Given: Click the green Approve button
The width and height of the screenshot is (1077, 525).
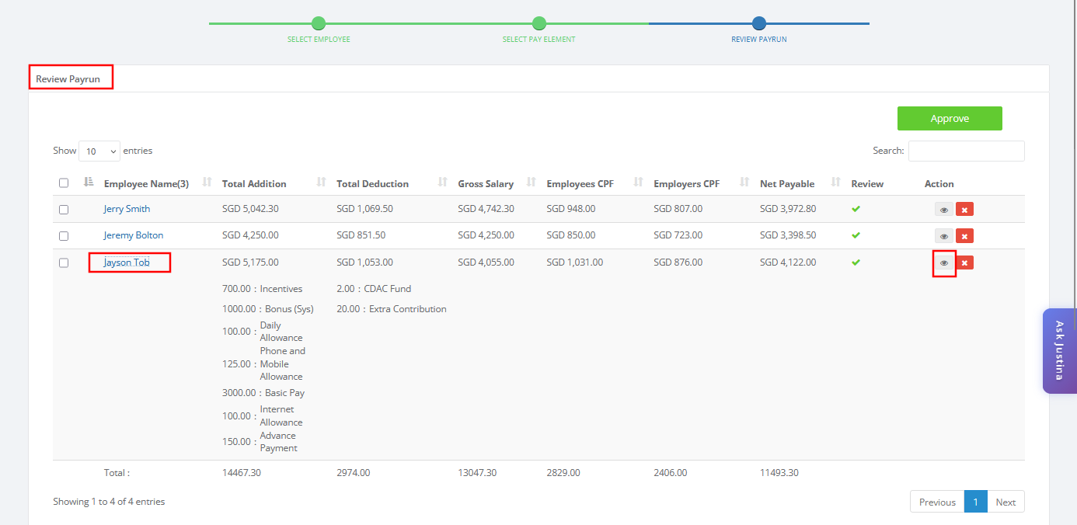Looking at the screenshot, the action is (x=950, y=118).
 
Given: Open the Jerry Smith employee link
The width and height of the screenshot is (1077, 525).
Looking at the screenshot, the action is (x=127, y=209).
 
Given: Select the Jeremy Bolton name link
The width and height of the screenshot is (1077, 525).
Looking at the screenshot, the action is (x=133, y=235).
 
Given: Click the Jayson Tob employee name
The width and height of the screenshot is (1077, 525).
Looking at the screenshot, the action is (x=127, y=262).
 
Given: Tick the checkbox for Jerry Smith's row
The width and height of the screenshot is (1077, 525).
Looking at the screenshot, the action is (x=64, y=210).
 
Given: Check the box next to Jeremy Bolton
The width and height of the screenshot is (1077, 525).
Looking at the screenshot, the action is (x=64, y=236).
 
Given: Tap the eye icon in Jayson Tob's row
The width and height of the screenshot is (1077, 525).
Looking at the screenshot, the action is (x=944, y=262).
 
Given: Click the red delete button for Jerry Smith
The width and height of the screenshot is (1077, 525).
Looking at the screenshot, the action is (x=964, y=210).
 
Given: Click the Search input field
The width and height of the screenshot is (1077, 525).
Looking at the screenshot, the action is (x=967, y=151).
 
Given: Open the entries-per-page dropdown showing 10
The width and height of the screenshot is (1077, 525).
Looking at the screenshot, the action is (x=99, y=151).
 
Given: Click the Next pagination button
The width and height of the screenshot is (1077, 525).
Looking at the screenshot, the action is (x=1006, y=502).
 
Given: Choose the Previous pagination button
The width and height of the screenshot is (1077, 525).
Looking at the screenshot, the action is (x=937, y=502).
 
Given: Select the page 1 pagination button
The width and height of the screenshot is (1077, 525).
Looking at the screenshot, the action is (x=975, y=502).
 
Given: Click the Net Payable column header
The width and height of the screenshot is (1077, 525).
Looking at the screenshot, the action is (x=787, y=184).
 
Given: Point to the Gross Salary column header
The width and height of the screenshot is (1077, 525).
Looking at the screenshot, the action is (x=486, y=184).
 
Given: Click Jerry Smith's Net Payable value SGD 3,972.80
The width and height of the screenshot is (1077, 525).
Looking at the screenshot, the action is (x=788, y=209).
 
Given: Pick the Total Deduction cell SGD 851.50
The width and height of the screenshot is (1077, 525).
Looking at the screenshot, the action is (x=361, y=235).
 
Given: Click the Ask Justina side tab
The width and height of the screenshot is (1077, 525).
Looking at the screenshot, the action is (x=1059, y=350).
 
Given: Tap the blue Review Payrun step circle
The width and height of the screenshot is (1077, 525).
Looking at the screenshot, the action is (x=758, y=23).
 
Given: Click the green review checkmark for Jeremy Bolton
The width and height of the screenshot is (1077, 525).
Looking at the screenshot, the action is (x=856, y=235).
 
